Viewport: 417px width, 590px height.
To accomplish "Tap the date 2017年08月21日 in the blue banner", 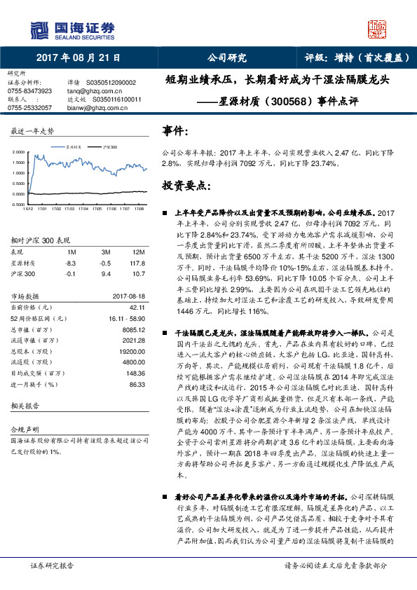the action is (77, 58).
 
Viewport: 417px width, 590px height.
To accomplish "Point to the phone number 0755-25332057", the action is (29, 108).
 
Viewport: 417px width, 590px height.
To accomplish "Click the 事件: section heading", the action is (175, 131).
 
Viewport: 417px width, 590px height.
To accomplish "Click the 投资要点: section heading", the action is (186, 185).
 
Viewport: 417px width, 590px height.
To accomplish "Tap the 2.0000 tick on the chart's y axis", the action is (17, 151).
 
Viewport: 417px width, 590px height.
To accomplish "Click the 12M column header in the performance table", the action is (139, 251).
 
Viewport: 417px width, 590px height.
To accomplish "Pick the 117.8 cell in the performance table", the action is (138, 263).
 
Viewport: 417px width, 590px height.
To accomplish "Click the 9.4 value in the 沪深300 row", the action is (107, 274).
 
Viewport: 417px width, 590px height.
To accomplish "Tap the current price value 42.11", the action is (136, 306).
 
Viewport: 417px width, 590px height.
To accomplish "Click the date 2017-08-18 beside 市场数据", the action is (130, 295).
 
